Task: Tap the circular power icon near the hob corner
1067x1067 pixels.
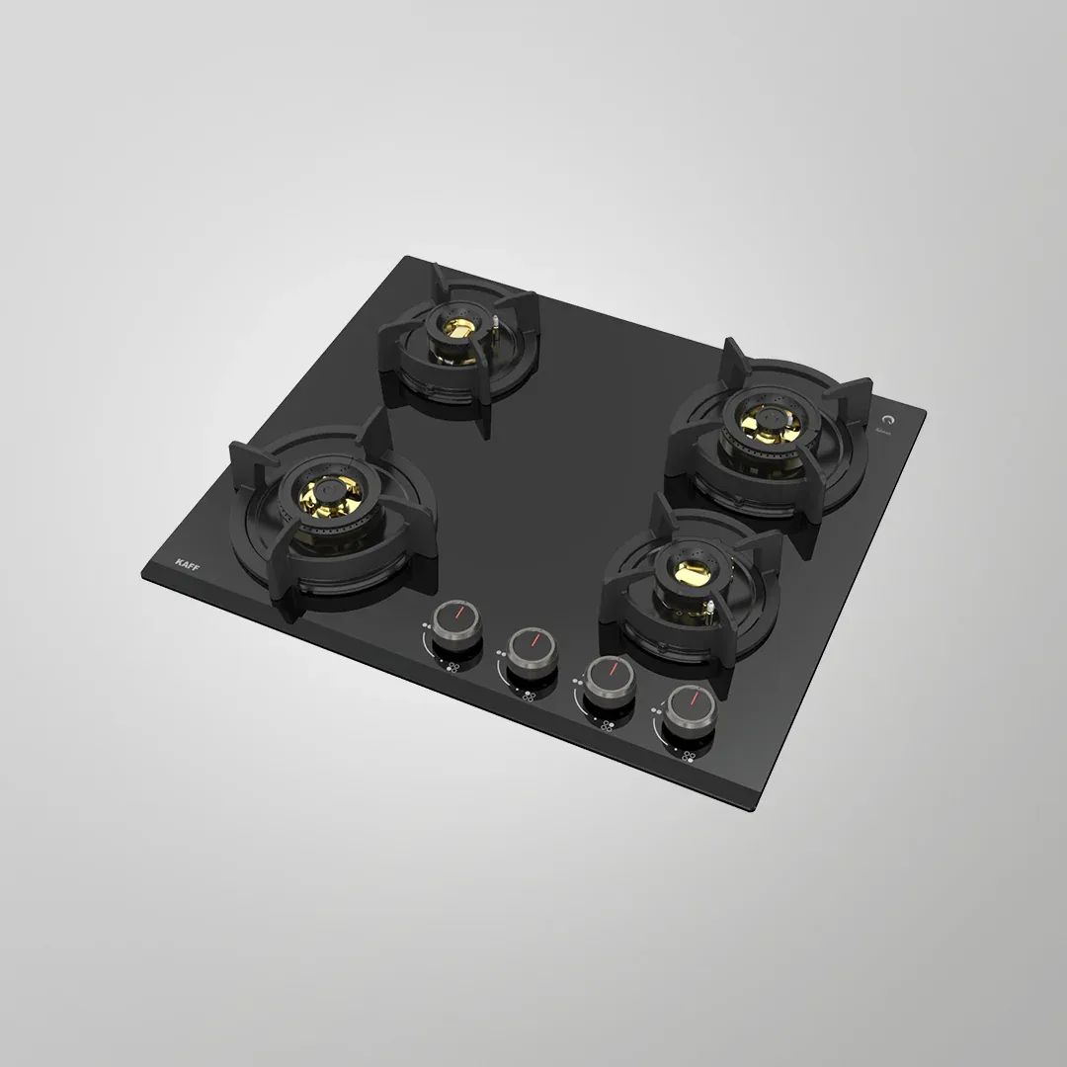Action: coord(885,418)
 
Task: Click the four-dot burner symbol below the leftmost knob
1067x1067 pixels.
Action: coord(452,667)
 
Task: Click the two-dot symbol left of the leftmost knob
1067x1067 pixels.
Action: coord(426,626)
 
